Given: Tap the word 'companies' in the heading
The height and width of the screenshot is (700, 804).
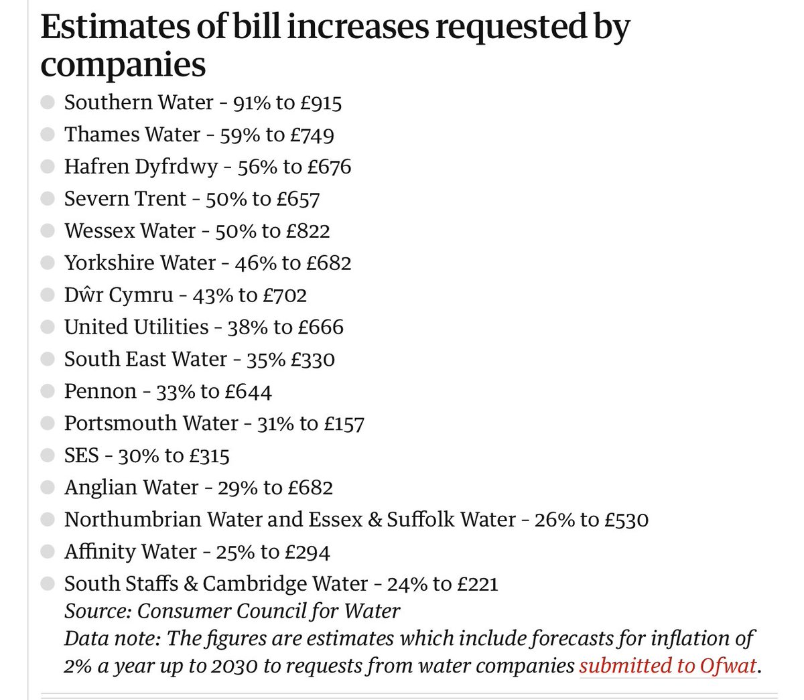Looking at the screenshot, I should tap(123, 65).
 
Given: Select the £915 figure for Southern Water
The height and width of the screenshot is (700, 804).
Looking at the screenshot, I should tap(320, 102).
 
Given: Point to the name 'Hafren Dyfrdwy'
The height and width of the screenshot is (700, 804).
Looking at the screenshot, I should tap(141, 167).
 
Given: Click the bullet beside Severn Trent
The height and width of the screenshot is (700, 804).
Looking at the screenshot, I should tap(48, 199).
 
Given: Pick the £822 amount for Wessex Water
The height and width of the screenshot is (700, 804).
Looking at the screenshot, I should tap(308, 231).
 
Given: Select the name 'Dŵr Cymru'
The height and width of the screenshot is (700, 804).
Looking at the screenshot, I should tap(119, 295).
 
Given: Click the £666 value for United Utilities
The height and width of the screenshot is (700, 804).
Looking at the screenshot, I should tap(321, 328).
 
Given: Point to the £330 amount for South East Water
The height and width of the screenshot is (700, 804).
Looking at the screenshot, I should tap(312, 360).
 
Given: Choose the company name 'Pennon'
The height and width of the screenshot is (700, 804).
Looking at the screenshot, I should tap(100, 392).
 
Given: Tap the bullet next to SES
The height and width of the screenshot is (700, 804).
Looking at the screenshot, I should tap(48, 456).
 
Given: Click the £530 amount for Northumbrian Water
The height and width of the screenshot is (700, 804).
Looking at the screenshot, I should tap(626, 520).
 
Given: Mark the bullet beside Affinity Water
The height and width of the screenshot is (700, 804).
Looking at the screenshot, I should tap(48, 553).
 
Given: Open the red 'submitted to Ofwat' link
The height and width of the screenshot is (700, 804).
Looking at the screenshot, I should tap(668, 667).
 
